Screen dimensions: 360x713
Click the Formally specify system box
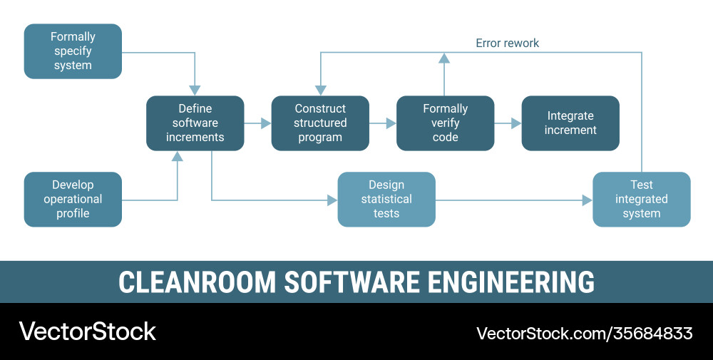tap(73, 51)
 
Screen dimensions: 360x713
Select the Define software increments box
tap(195, 123)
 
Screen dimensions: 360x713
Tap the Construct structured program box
tap(320, 123)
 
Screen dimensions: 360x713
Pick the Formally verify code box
tap(445, 123)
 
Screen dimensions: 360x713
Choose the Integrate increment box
tap(570, 123)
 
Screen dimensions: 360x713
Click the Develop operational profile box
tap(73, 200)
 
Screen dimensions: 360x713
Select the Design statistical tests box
tap(386, 200)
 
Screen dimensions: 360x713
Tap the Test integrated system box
tap(642, 200)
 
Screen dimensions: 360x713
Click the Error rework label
tap(507, 43)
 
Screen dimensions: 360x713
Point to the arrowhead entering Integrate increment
tap(516, 123)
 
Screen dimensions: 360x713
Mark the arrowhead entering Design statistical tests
tap(332, 200)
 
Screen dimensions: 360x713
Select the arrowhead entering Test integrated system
tap(588, 200)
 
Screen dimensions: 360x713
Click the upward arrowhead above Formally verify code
tap(444, 58)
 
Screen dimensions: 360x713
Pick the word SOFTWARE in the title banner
tap(352, 282)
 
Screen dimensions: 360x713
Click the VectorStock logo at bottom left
tap(87, 331)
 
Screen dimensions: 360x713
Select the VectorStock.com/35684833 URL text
tap(584, 333)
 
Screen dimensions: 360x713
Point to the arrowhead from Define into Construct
tap(266, 123)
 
